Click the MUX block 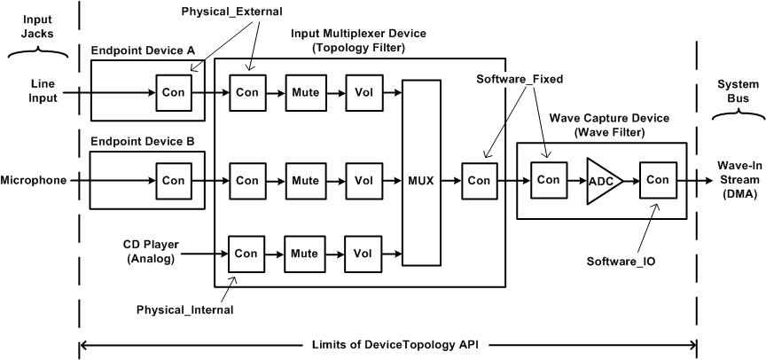[x=421, y=180]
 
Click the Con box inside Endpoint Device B [x=172, y=180]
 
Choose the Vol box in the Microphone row [x=363, y=180]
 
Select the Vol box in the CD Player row [x=363, y=253]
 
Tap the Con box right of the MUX [x=479, y=180]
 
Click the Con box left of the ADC [x=548, y=180]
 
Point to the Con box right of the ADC [x=657, y=180]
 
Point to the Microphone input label [x=34, y=180]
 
